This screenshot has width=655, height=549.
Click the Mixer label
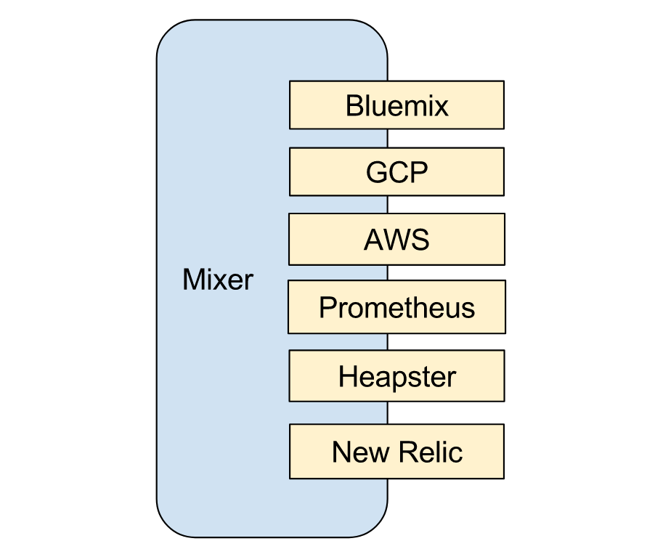[x=218, y=280]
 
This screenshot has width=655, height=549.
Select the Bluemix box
[x=396, y=105]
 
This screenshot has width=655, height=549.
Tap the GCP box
[x=396, y=172]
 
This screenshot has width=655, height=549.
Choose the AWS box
[x=396, y=239]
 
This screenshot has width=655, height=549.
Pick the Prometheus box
[x=396, y=308]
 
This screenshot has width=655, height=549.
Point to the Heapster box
[x=396, y=376]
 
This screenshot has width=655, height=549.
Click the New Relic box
[x=396, y=452]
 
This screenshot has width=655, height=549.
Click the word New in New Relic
[x=354, y=452]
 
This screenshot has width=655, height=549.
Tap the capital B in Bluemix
[x=354, y=106]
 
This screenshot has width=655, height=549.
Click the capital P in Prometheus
[x=327, y=308]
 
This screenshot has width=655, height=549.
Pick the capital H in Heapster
[x=347, y=377]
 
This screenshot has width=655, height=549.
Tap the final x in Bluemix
[x=442, y=107]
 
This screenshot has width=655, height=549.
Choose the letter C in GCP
[x=399, y=173]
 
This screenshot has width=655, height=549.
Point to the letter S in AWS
[x=420, y=240]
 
